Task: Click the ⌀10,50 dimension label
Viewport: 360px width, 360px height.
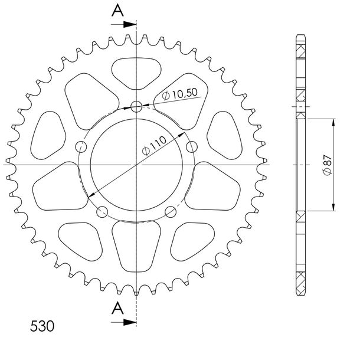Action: pos(179,94)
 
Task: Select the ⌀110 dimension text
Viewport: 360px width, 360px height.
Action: pos(153,146)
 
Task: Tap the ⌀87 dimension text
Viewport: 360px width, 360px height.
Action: pos(327,165)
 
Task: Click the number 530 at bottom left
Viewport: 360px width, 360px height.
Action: pos(42,326)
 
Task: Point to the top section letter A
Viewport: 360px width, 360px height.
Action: pos(117,11)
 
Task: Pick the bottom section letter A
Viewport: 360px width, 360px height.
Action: pos(117,308)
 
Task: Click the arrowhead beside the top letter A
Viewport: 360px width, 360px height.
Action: pos(130,24)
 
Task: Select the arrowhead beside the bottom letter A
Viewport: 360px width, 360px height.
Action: pos(130,322)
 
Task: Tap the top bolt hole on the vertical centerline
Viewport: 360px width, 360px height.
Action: pos(136,107)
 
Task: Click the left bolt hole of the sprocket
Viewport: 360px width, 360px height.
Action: pos(81,147)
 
